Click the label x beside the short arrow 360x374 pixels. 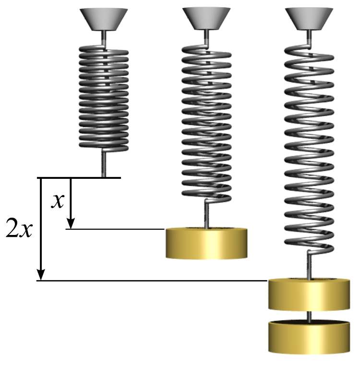(x=58, y=202)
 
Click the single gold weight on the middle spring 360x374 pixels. (x=206, y=244)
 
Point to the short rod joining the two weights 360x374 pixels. (x=309, y=316)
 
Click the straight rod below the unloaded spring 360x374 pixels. (x=103, y=163)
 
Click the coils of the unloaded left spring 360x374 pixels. (x=103, y=96)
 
